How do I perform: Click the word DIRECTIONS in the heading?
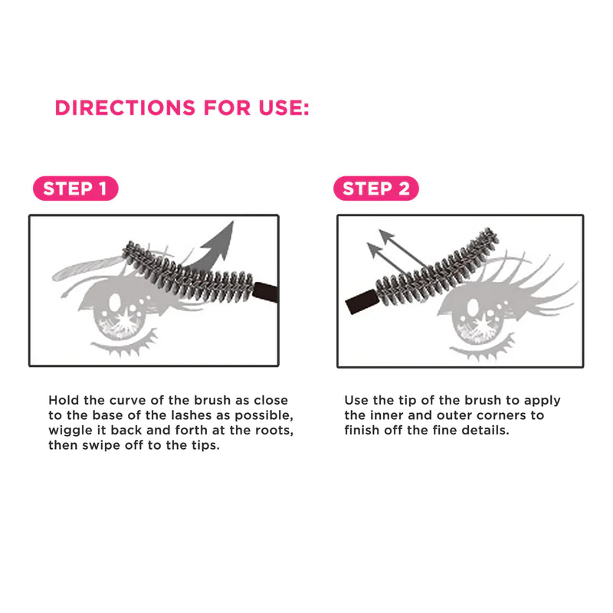tap(125, 107)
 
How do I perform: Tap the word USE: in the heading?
tap(284, 107)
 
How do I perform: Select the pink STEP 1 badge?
tap(75, 188)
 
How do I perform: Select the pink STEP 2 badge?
tap(376, 188)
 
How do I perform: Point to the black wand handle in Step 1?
tap(265, 292)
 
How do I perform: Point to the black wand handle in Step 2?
tap(362, 302)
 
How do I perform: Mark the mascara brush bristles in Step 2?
tap(437, 267)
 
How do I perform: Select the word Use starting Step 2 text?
tap(356, 400)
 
